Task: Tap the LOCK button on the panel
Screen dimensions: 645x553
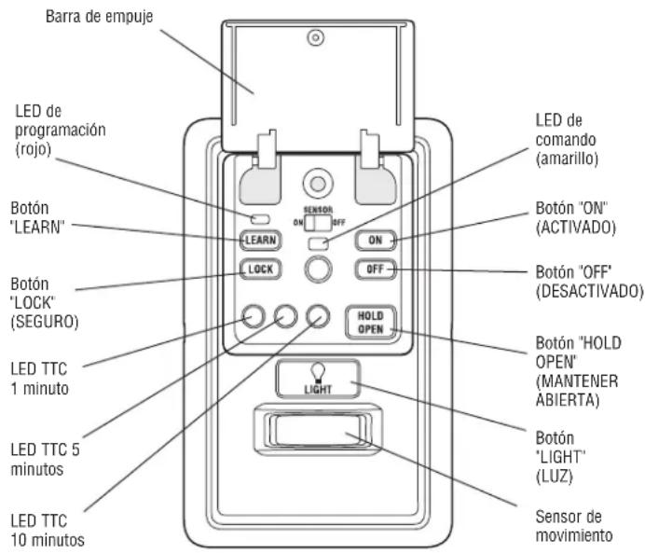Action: coord(260,270)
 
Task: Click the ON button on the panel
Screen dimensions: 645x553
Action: coord(375,241)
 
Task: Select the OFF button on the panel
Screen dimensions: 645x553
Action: coord(375,270)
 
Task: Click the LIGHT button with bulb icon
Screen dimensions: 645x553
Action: coord(318,379)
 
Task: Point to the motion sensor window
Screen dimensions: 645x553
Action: coord(317,430)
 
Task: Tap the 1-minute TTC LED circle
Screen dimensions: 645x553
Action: coord(254,316)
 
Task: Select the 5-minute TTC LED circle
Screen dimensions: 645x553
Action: coord(285,316)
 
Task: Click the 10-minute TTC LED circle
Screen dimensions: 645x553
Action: coord(318,316)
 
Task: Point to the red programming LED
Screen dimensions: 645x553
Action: coord(260,219)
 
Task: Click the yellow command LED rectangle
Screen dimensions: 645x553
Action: coord(318,243)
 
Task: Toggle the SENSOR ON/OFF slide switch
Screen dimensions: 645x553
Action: coord(318,223)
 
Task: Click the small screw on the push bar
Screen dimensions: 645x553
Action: coord(315,38)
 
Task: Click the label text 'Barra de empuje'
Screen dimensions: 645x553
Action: coord(99,17)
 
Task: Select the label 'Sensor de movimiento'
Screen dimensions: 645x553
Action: coord(574,526)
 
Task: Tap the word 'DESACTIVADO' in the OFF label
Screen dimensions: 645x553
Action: coord(590,291)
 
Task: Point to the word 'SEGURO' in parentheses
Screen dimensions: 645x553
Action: coord(45,322)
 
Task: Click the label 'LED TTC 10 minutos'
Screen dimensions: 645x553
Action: coord(48,531)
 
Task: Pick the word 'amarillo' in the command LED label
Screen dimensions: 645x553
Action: coord(567,159)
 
